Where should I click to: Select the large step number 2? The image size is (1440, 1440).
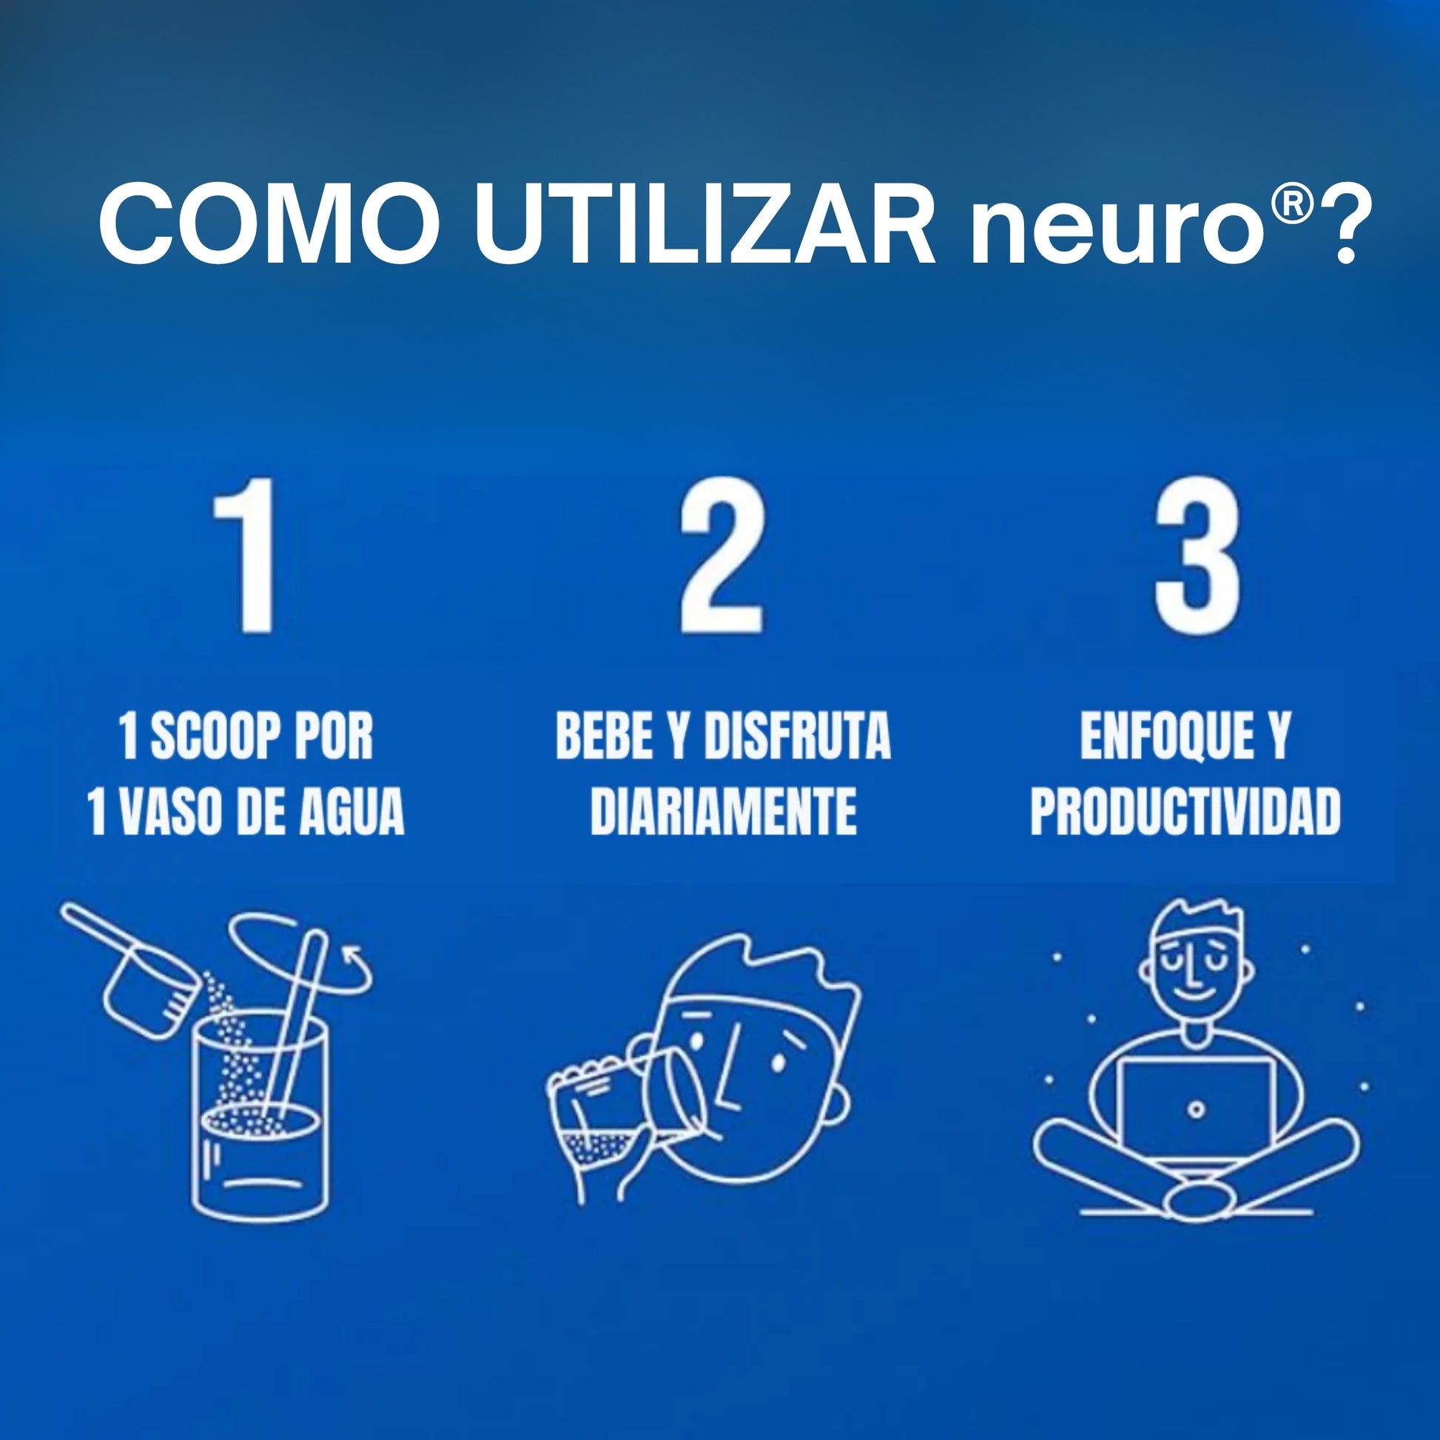tap(721, 555)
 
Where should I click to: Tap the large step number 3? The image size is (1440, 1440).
tap(1198, 555)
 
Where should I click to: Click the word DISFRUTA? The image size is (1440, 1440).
tap(797, 738)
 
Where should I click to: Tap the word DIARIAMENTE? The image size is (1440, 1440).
tap(723, 812)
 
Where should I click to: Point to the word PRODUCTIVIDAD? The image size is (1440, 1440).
tap(1185, 812)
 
